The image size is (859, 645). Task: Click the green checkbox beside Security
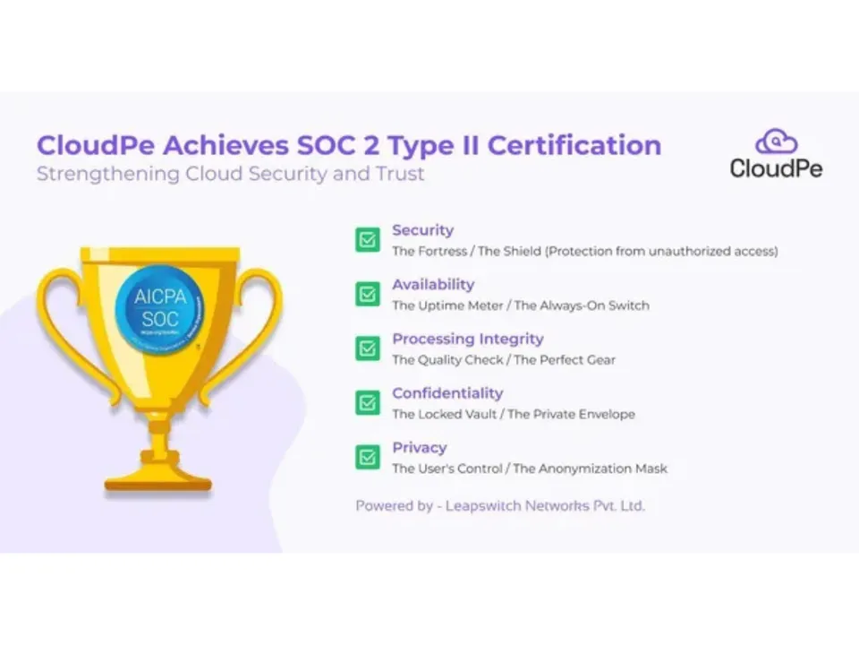pyautogui.click(x=367, y=239)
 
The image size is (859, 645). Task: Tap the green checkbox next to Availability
pyautogui.click(x=367, y=294)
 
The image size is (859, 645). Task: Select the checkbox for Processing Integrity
pyautogui.click(x=367, y=348)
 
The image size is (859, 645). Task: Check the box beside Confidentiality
pyautogui.click(x=367, y=402)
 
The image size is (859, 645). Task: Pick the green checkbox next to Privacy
pyautogui.click(x=367, y=457)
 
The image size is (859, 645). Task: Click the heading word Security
pyautogui.click(x=422, y=230)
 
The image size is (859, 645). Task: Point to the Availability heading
pyautogui.click(x=433, y=285)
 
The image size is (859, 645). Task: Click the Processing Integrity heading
pyautogui.click(x=467, y=340)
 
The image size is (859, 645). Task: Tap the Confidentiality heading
pyautogui.click(x=447, y=393)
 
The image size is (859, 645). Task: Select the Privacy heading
pyautogui.click(x=419, y=448)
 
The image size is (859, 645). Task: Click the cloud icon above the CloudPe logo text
pyautogui.click(x=776, y=142)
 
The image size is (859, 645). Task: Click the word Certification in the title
pyautogui.click(x=574, y=145)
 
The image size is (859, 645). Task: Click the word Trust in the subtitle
pyautogui.click(x=402, y=173)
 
